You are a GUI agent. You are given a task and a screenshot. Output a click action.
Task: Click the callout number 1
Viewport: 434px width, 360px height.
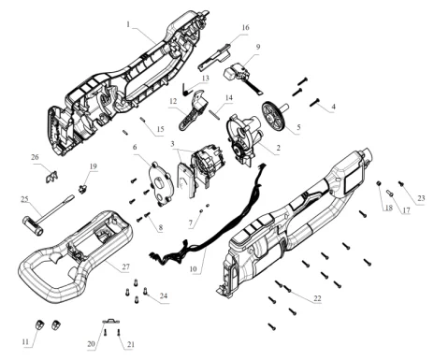pyautogui.click(x=128, y=24)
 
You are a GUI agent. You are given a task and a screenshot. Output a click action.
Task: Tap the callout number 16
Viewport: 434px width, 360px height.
pyautogui.click(x=246, y=27)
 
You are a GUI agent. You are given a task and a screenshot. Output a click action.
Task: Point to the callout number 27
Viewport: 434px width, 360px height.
pyautogui.click(x=125, y=267)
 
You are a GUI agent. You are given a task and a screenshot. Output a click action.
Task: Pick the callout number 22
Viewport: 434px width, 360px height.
pyautogui.click(x=317, y=298)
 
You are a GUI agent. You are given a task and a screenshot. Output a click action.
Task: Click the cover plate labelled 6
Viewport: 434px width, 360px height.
pyautogui.click(x=162, y=183)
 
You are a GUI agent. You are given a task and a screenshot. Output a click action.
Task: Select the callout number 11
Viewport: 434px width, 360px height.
pyautogui.click(x=25, y=342)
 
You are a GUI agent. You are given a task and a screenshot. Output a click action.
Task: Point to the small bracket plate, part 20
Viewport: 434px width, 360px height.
pyautogui.click(x=111, y=321)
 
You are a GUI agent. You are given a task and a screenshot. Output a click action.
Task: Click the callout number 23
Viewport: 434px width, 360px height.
pyautogui.click(x=421, y=198)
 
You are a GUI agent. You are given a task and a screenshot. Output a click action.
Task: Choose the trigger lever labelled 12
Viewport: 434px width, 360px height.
pyautogui.click(x=192, y=112)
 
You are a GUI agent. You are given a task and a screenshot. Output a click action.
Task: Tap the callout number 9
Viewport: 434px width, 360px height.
pyautogui.click(x=258, y=47)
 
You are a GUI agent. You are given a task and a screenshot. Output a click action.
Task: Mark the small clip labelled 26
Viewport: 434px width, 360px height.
pyautogui.click(x=51, y=177)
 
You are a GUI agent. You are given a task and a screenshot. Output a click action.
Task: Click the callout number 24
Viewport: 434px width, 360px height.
pyautogui.click(x=164, y=295)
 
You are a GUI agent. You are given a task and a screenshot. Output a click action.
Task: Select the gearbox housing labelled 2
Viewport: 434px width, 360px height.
pyautogui.click(x=243, y=138)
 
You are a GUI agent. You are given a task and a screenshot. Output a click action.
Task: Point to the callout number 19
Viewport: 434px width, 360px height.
pyautogui.click(x=94, y=166)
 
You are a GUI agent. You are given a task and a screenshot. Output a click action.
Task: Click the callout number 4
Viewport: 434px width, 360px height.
pyautogui.click(x=333, y=107)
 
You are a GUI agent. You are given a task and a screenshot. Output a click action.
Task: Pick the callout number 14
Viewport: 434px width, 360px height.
pyautogui.click(x=229, y=98)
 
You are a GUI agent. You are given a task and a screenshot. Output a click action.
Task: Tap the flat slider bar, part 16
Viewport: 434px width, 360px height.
pyautogui.click(x=215, y=57)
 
